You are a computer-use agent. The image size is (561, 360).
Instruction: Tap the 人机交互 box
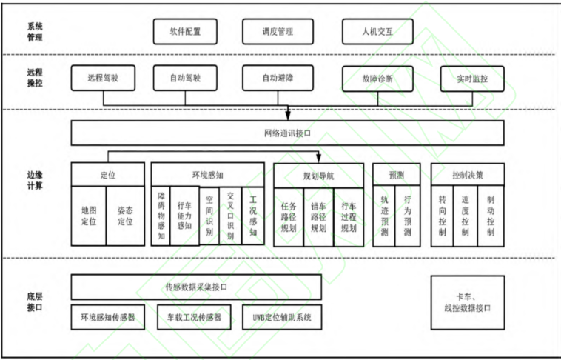[377, 31]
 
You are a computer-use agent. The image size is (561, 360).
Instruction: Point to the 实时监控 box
[472, 78]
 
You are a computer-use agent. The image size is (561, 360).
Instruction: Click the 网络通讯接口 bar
[287, 133]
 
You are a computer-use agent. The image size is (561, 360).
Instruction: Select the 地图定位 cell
[89, 216]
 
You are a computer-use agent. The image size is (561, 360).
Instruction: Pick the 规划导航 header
[319, 176]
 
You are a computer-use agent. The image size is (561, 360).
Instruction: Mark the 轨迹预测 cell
[384, 216]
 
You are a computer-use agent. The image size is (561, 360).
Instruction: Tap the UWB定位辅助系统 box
[282, 318]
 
